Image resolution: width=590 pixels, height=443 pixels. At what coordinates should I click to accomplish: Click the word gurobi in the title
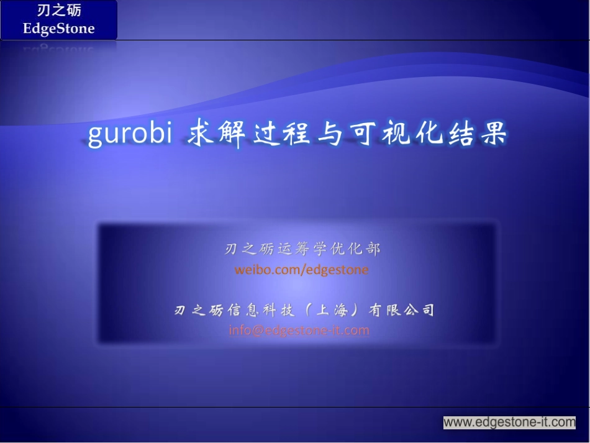[x=129, y=134]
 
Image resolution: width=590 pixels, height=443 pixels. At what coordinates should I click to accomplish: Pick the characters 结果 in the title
[x=476, y=133]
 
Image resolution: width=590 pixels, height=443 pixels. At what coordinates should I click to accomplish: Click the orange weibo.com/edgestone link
[x=301, y=270]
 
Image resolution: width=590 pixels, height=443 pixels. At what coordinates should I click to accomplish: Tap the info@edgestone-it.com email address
[x=299, y=330]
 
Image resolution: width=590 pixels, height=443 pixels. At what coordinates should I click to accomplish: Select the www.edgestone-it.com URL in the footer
[x=509, y=422]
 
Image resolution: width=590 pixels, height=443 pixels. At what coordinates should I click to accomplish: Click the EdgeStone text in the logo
[x=59, y=29]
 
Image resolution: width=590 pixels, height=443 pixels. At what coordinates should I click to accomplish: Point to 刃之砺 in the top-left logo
[x=59, y=11]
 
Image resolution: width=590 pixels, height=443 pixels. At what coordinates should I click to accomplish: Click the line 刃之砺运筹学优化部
[x=302, y=249]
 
